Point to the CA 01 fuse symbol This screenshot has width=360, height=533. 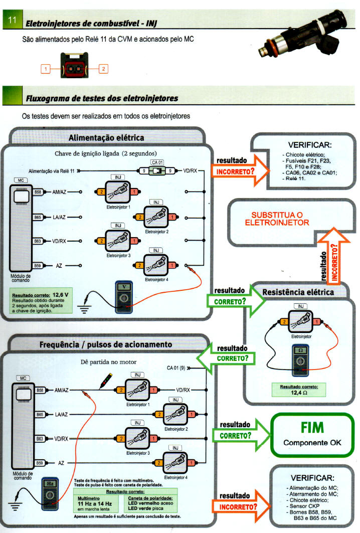click(157, 171)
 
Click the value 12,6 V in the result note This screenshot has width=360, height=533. click(60, 294)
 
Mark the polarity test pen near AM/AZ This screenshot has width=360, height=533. click(105, 382)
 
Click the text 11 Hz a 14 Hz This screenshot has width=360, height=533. click(95, 503)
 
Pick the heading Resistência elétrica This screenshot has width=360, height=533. click(298, 291)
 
